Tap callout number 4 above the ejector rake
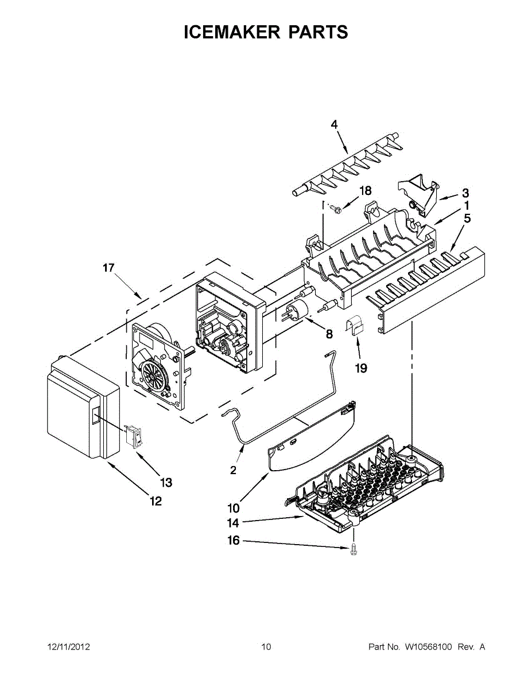point(334,124)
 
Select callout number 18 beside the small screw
point(365,191)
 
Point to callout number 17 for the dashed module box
point(108,267)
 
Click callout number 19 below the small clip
point(360,368)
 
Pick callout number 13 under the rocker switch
point(166,483)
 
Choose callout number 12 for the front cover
point(156,502)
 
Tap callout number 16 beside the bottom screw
point(233,541)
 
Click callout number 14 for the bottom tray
point(232,522)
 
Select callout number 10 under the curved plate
point(233,507)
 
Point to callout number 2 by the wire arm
point(233,471)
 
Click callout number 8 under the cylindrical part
point(329,333)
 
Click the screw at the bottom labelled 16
point(353,549)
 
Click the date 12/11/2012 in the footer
point(68,647)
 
